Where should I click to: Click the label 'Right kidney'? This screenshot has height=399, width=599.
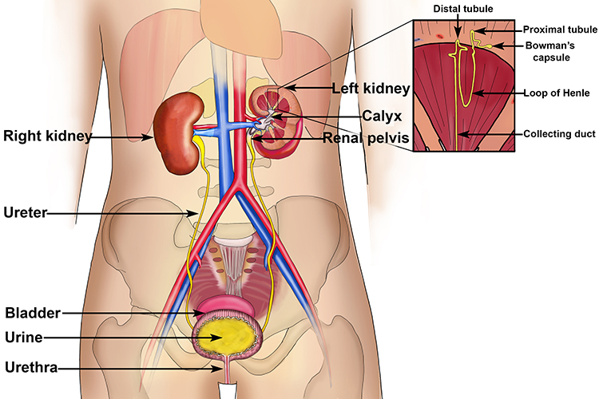coord(47,136)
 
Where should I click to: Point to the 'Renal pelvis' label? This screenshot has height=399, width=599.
coord(367,138)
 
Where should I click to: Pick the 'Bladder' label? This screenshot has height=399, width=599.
coord(31,312)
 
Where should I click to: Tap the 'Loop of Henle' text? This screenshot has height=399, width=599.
coord(557,93)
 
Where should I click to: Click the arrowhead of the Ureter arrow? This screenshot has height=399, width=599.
coord(200,213)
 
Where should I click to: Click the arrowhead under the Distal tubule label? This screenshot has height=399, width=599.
coord(458,38)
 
